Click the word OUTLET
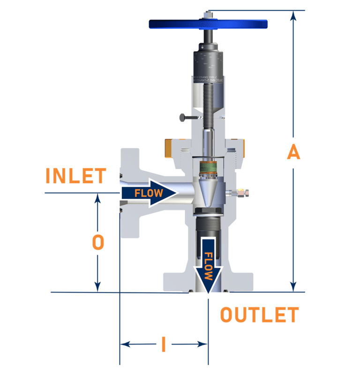point(259,315)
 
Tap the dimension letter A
point(293,152)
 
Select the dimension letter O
point(97,243)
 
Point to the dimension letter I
point(163,344)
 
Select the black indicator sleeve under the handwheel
point(208,66)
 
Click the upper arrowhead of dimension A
point(293,16)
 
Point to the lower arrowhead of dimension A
point(293,286)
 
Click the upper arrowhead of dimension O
point(97,199)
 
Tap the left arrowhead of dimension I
point(125,344)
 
